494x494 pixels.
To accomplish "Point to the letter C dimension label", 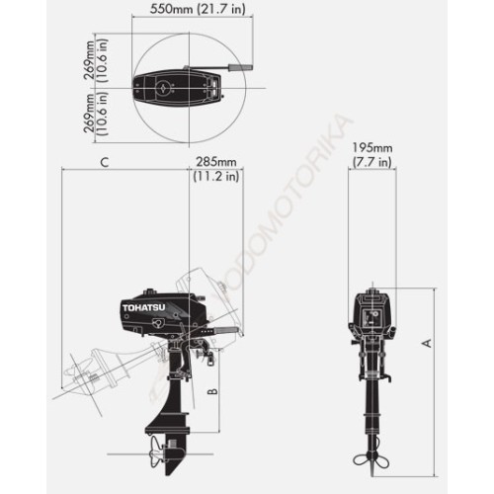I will coord(105,161).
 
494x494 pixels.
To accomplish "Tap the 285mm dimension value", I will coord(216,161).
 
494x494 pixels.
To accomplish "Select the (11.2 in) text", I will coord(216,177).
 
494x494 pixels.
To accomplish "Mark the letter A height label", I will coord(426,342).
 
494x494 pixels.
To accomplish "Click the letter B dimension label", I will coord(210,391).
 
